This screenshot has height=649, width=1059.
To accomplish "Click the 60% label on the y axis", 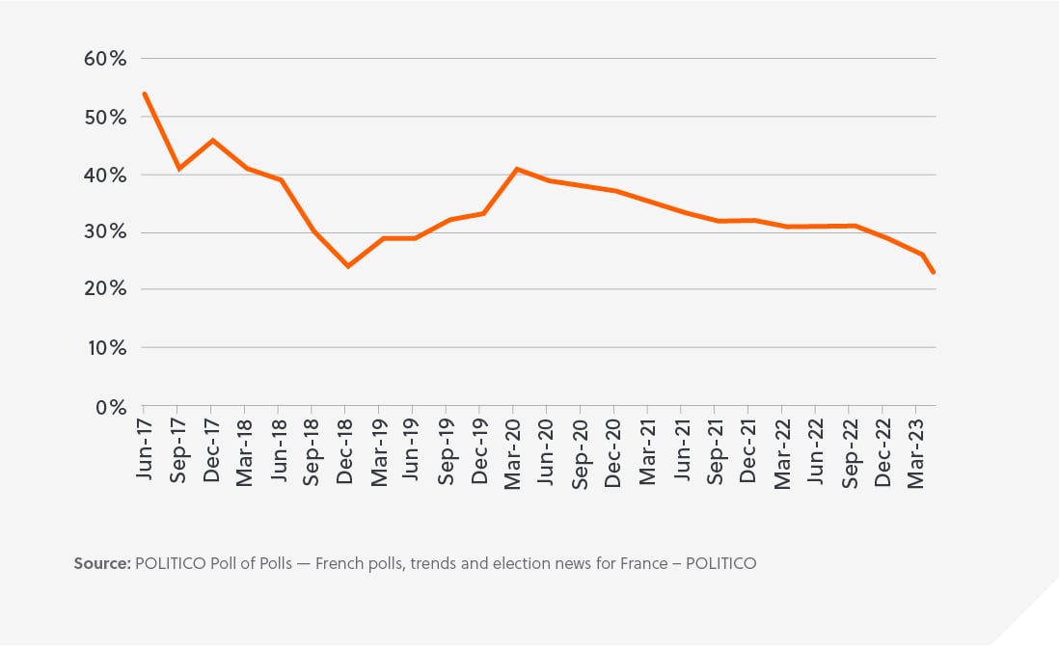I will point(105,59).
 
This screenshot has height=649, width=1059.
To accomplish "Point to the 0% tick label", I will point(110,406).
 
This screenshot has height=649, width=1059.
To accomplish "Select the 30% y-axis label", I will point(105,232).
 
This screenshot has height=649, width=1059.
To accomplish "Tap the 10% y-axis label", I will point(106,348).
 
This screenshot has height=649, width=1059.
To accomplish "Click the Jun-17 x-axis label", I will point(144,450).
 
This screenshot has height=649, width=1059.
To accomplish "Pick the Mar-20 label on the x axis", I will point(513,450).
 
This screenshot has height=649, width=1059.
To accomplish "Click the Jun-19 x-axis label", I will point(413,450).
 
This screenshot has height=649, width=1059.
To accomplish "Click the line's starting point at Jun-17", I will point(144,94).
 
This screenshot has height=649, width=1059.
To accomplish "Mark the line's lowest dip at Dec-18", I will point(347,266).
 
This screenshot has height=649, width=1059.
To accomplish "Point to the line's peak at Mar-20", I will point(518,169).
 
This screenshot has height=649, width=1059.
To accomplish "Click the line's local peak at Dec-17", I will point(212,140).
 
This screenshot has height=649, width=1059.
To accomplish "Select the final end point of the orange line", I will point(934,273).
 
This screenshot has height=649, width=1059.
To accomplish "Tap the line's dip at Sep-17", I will point(177,169).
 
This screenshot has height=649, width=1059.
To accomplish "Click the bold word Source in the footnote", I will point(100,563).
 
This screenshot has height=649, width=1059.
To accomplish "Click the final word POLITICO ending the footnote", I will point(720,563).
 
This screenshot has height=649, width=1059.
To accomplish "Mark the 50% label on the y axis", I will point(105,117).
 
